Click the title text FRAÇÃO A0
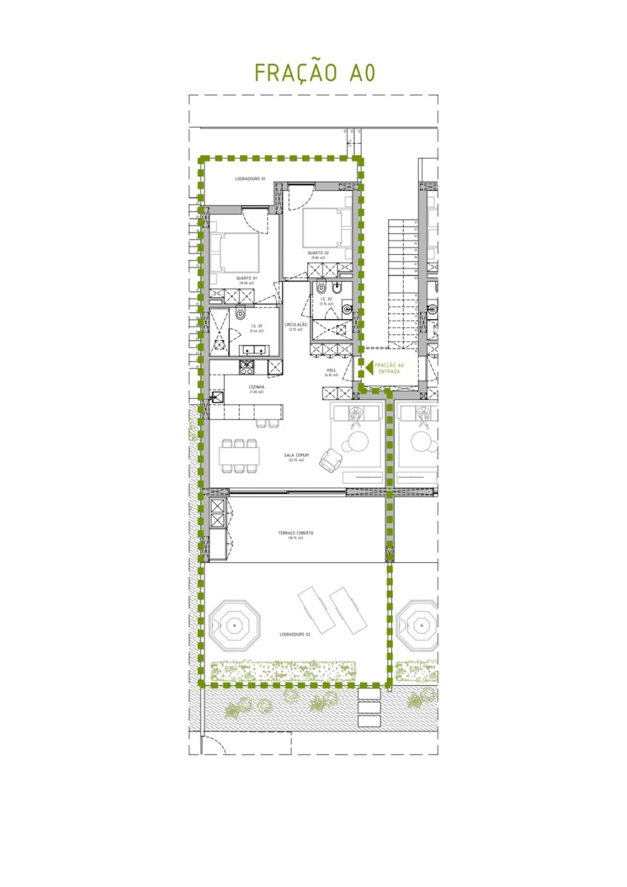point(315,72)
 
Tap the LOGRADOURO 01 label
point(250,179)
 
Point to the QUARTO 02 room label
point(318,253)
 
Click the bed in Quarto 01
point(235,252)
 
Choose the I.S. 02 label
point(326,299)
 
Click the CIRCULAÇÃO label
point(297,325)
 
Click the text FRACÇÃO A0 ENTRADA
point(389,368)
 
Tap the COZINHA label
point(256,387)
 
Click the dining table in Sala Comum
point(240,456)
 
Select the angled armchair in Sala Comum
point(330,458)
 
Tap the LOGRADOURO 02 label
point(295,635)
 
